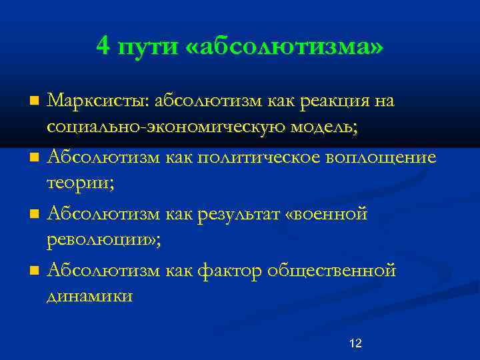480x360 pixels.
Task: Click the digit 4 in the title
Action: click(x=103, y=47)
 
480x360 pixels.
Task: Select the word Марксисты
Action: click(x=99, y=101)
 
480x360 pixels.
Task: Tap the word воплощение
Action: click(x=381, y=158)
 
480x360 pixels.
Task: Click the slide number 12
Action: click(x=355, y=343)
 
